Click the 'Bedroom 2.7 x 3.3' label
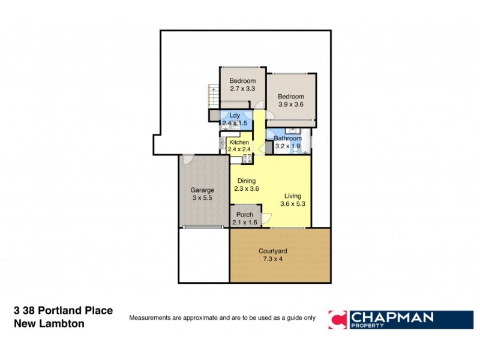tap(242, 85)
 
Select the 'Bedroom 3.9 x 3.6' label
tap(290, 100)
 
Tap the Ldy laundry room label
tap(232, 119)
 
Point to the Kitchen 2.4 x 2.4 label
tap(238, 146)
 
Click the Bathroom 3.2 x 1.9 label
tap(287, 142)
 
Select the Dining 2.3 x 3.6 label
tap(246, 185)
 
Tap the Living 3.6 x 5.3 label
tap(293, 200)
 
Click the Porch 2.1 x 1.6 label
tap(244, 219)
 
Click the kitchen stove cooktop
tap(245, 159)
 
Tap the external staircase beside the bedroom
tap(212, 95)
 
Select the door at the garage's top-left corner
tap(188, 160)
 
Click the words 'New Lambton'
tap(49, 323)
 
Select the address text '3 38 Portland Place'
tap(63, 311)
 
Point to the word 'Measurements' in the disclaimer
tap(152, 317)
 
